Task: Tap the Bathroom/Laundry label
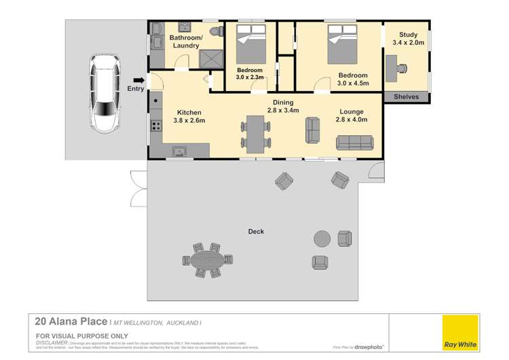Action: (185, 41)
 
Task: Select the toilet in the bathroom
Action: (216, 32)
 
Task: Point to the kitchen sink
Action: (180, 151)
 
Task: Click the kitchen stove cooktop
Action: (155, 125)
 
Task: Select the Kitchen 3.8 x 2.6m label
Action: (189, 116)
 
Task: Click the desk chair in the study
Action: (402, 67)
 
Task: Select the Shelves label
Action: (407, 97)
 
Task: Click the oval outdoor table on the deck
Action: (207, 259)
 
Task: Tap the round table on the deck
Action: (322, 238)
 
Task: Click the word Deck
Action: (256, 232)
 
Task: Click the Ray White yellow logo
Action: (460, 333)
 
